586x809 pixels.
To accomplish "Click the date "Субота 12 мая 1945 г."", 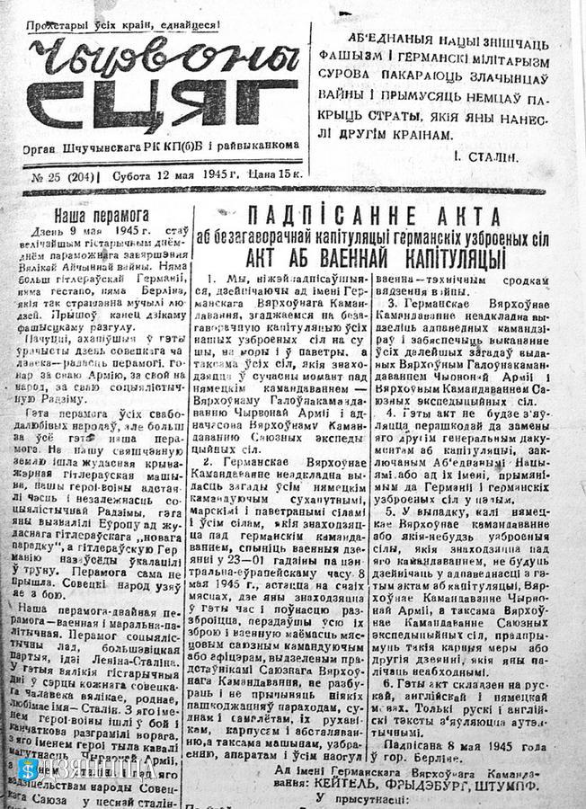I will [178, 177].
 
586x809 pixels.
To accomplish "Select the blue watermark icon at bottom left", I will [27, 769].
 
